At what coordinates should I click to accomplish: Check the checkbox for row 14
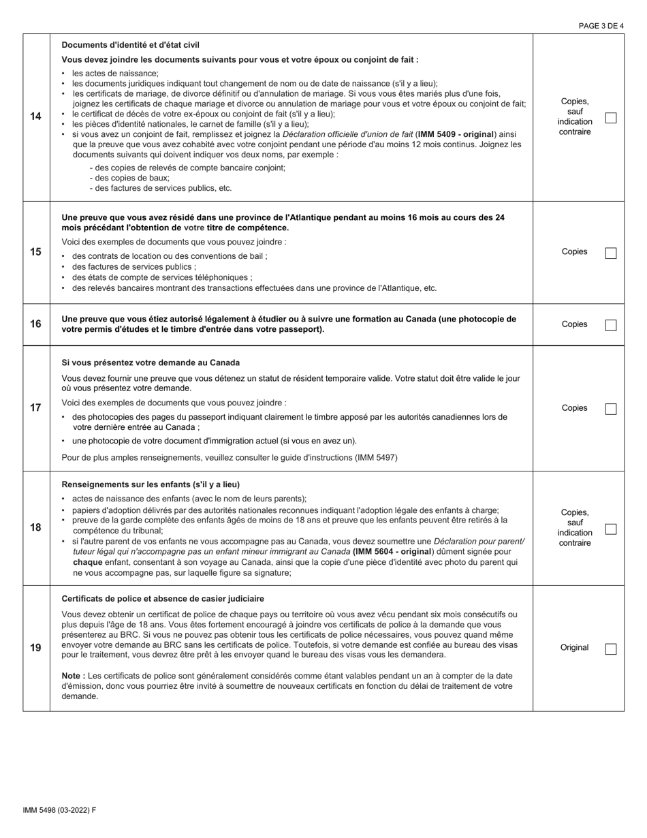611,118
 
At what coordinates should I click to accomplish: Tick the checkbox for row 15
611,253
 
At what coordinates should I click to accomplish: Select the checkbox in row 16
611,325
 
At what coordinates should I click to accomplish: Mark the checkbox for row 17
611,409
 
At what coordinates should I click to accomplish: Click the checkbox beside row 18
611,529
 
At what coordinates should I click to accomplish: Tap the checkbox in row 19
611,649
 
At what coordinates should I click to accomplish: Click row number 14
35,117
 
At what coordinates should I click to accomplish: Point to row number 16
35,324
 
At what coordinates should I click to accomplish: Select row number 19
35,648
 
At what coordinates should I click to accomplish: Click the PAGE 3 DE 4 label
601,27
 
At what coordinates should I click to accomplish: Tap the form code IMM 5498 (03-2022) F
59,810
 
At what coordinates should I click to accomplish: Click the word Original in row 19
574,648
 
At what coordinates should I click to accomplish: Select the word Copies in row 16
574,324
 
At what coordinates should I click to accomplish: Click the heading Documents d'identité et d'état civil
130,45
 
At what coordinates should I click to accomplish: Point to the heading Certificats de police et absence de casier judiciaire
163,599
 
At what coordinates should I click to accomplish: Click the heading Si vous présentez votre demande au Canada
151,362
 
